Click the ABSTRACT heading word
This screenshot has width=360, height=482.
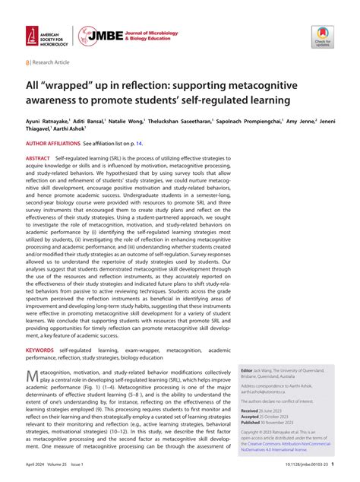39,157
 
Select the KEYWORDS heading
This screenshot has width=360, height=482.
40,350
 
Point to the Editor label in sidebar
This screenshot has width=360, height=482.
246,368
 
